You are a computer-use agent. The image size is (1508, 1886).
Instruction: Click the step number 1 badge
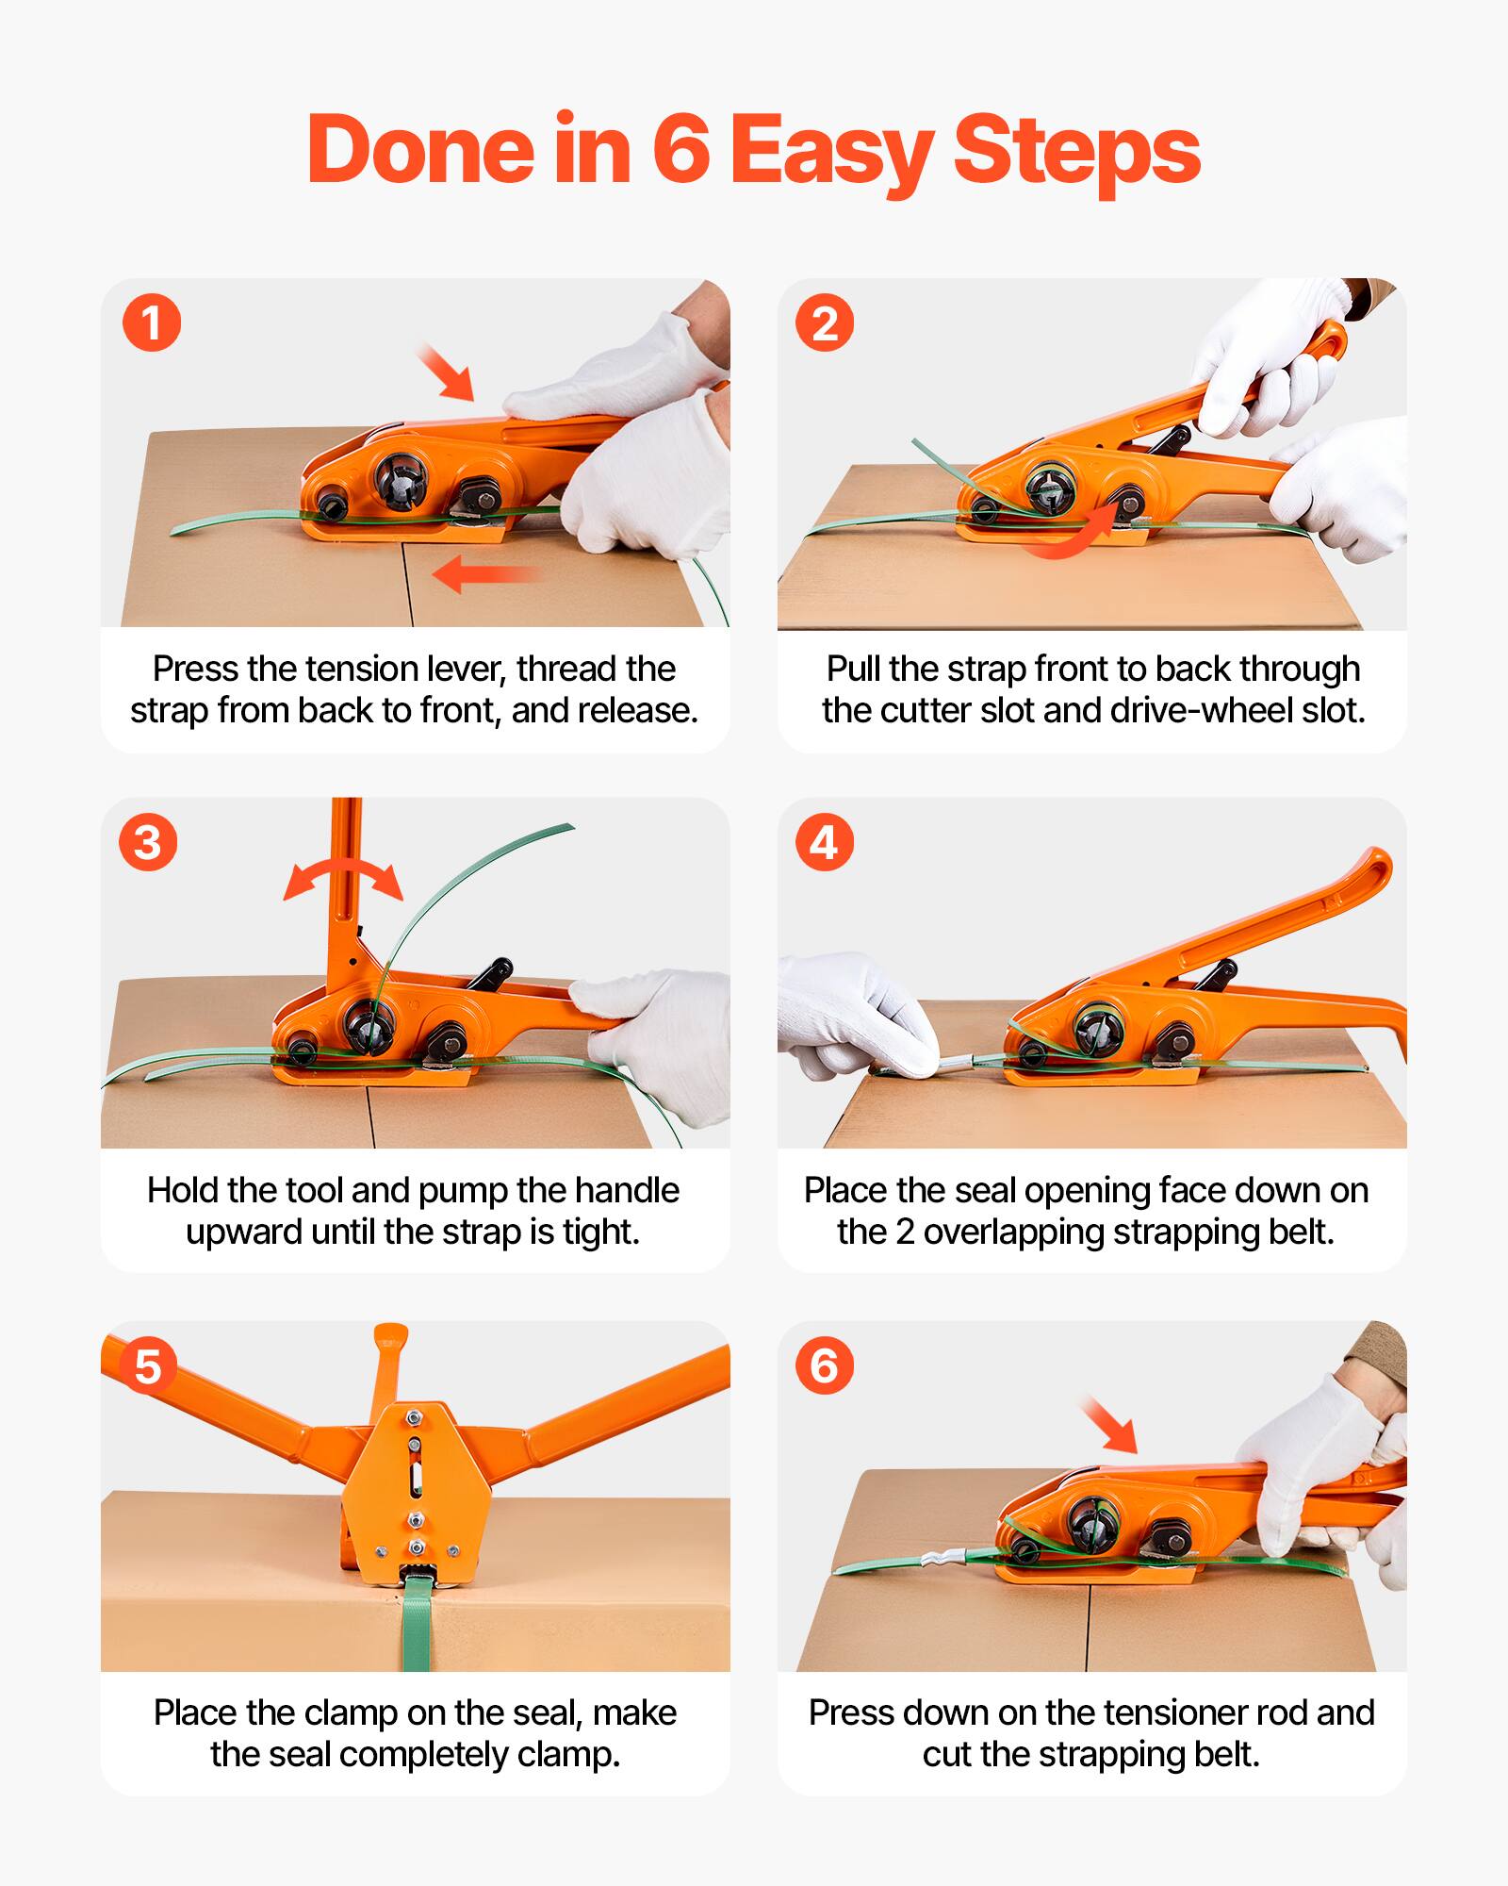(x=151, y=323)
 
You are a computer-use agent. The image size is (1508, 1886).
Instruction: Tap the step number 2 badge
(x=825, y=323)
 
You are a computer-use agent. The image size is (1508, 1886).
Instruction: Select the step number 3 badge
(x=148, y=842)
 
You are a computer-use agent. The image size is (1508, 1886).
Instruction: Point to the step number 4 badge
(x=825, y=842)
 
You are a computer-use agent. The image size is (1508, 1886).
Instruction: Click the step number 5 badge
(x=148, y=1366)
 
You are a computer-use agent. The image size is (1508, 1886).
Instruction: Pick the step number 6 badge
(x=825, y=1366)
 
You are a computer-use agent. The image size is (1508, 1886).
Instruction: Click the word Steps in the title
(x=1076, y=151)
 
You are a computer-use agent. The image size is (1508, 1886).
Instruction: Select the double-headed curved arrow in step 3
(x=344, y=877)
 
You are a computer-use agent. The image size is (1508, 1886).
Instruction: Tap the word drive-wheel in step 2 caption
(x=1203, y=710)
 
